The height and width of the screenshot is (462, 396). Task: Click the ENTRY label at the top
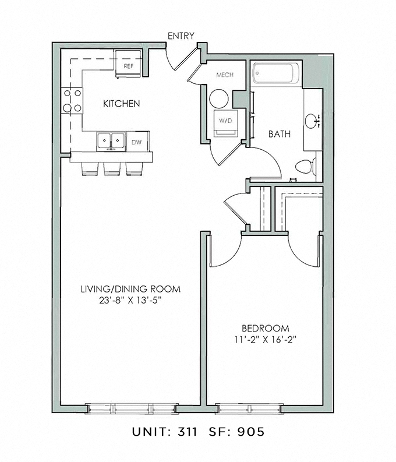point(181,36)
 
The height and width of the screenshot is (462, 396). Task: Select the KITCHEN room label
point(121,104)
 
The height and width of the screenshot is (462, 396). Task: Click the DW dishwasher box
point(136,142)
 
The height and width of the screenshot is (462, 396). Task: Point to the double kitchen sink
point(111,141)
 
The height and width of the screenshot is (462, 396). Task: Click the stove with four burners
point(72,100)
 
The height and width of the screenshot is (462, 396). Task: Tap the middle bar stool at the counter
point(111,168)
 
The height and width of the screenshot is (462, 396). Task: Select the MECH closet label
point(224,76)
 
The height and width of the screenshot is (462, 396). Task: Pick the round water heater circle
point(220,98)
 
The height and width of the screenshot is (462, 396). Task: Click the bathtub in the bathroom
point(276,75)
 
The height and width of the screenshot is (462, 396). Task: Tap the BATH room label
point(279,134)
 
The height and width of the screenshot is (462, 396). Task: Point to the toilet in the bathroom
point(305,166)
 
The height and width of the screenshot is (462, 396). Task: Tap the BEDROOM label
point(265,328)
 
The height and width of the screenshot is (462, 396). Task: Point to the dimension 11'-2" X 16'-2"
point(265,340)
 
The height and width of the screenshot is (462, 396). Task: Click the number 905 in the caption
point(255,433)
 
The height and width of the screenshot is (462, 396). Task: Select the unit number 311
point(183,433)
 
